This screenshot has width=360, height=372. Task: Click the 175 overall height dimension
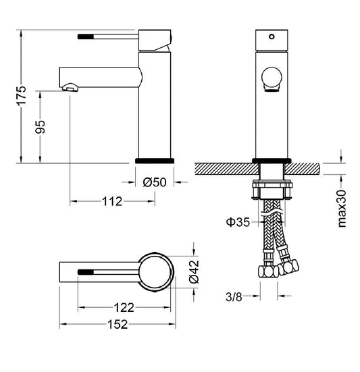[22, 96]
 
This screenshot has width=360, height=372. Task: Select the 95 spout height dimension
[40, 127]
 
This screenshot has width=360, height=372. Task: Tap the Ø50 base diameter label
[155, 182]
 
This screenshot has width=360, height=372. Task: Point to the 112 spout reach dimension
[112, 201]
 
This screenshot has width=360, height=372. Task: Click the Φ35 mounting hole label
[238, 222]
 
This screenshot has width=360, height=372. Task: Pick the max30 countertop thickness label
[342, 209]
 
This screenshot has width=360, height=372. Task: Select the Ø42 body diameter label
[194, 272]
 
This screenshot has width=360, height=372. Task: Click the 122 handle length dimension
[124, 308]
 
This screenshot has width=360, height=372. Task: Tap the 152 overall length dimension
[118, 324]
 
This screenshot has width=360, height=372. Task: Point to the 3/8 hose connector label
[234, 297]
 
